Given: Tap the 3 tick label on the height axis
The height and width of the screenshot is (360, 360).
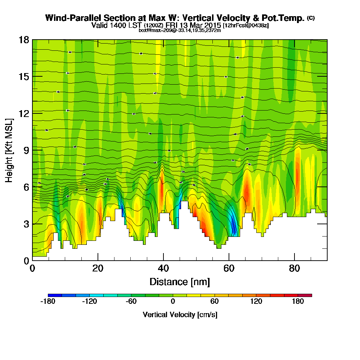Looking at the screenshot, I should point(26,224).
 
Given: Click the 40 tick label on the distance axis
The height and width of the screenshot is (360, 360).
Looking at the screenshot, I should point(163,269).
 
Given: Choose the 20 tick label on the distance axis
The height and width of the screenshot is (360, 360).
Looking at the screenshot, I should point(98,269).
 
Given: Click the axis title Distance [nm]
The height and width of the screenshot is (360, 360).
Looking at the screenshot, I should point(180,282).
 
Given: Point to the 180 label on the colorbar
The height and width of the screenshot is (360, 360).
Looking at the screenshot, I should point(298,302).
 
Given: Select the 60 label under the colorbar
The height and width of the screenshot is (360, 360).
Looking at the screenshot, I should point(215,302).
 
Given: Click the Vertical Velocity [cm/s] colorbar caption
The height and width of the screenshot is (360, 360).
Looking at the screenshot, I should point(180,315).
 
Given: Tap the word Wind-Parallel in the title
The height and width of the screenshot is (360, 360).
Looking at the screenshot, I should point(67,18).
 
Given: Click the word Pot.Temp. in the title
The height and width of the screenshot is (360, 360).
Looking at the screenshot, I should point(287,18).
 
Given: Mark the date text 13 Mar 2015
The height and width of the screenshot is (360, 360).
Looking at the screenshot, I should point(202,25).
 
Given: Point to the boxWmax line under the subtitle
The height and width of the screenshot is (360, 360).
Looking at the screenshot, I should point(180,30).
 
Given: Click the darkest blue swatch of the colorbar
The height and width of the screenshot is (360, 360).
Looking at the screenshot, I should point(55,295).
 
